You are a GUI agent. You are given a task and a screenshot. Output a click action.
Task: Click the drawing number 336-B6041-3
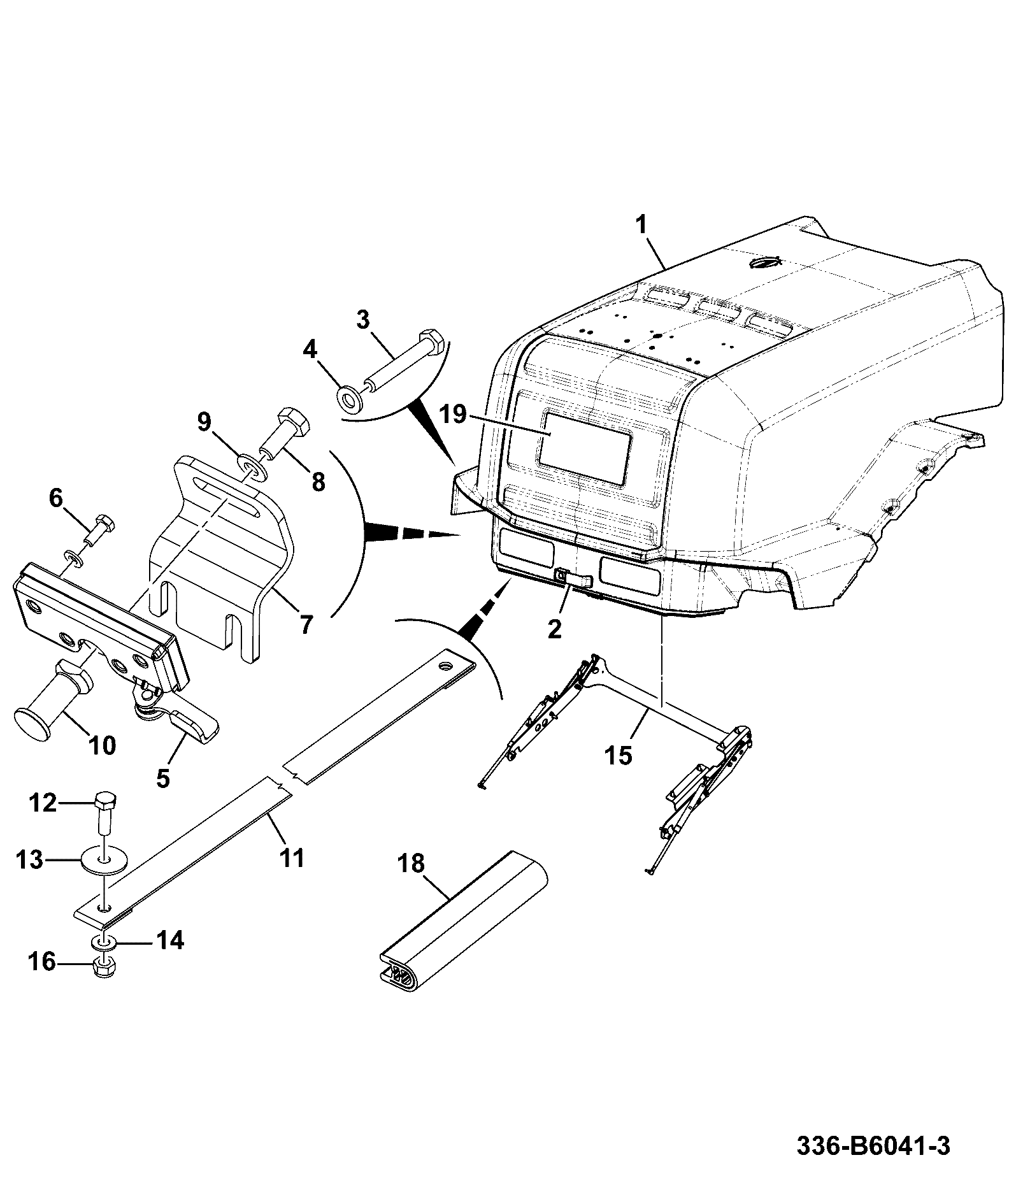pyautogui.click(x=873, y=1145)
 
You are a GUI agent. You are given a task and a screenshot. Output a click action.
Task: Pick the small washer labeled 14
pyautogui.click(x=106, y=940)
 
